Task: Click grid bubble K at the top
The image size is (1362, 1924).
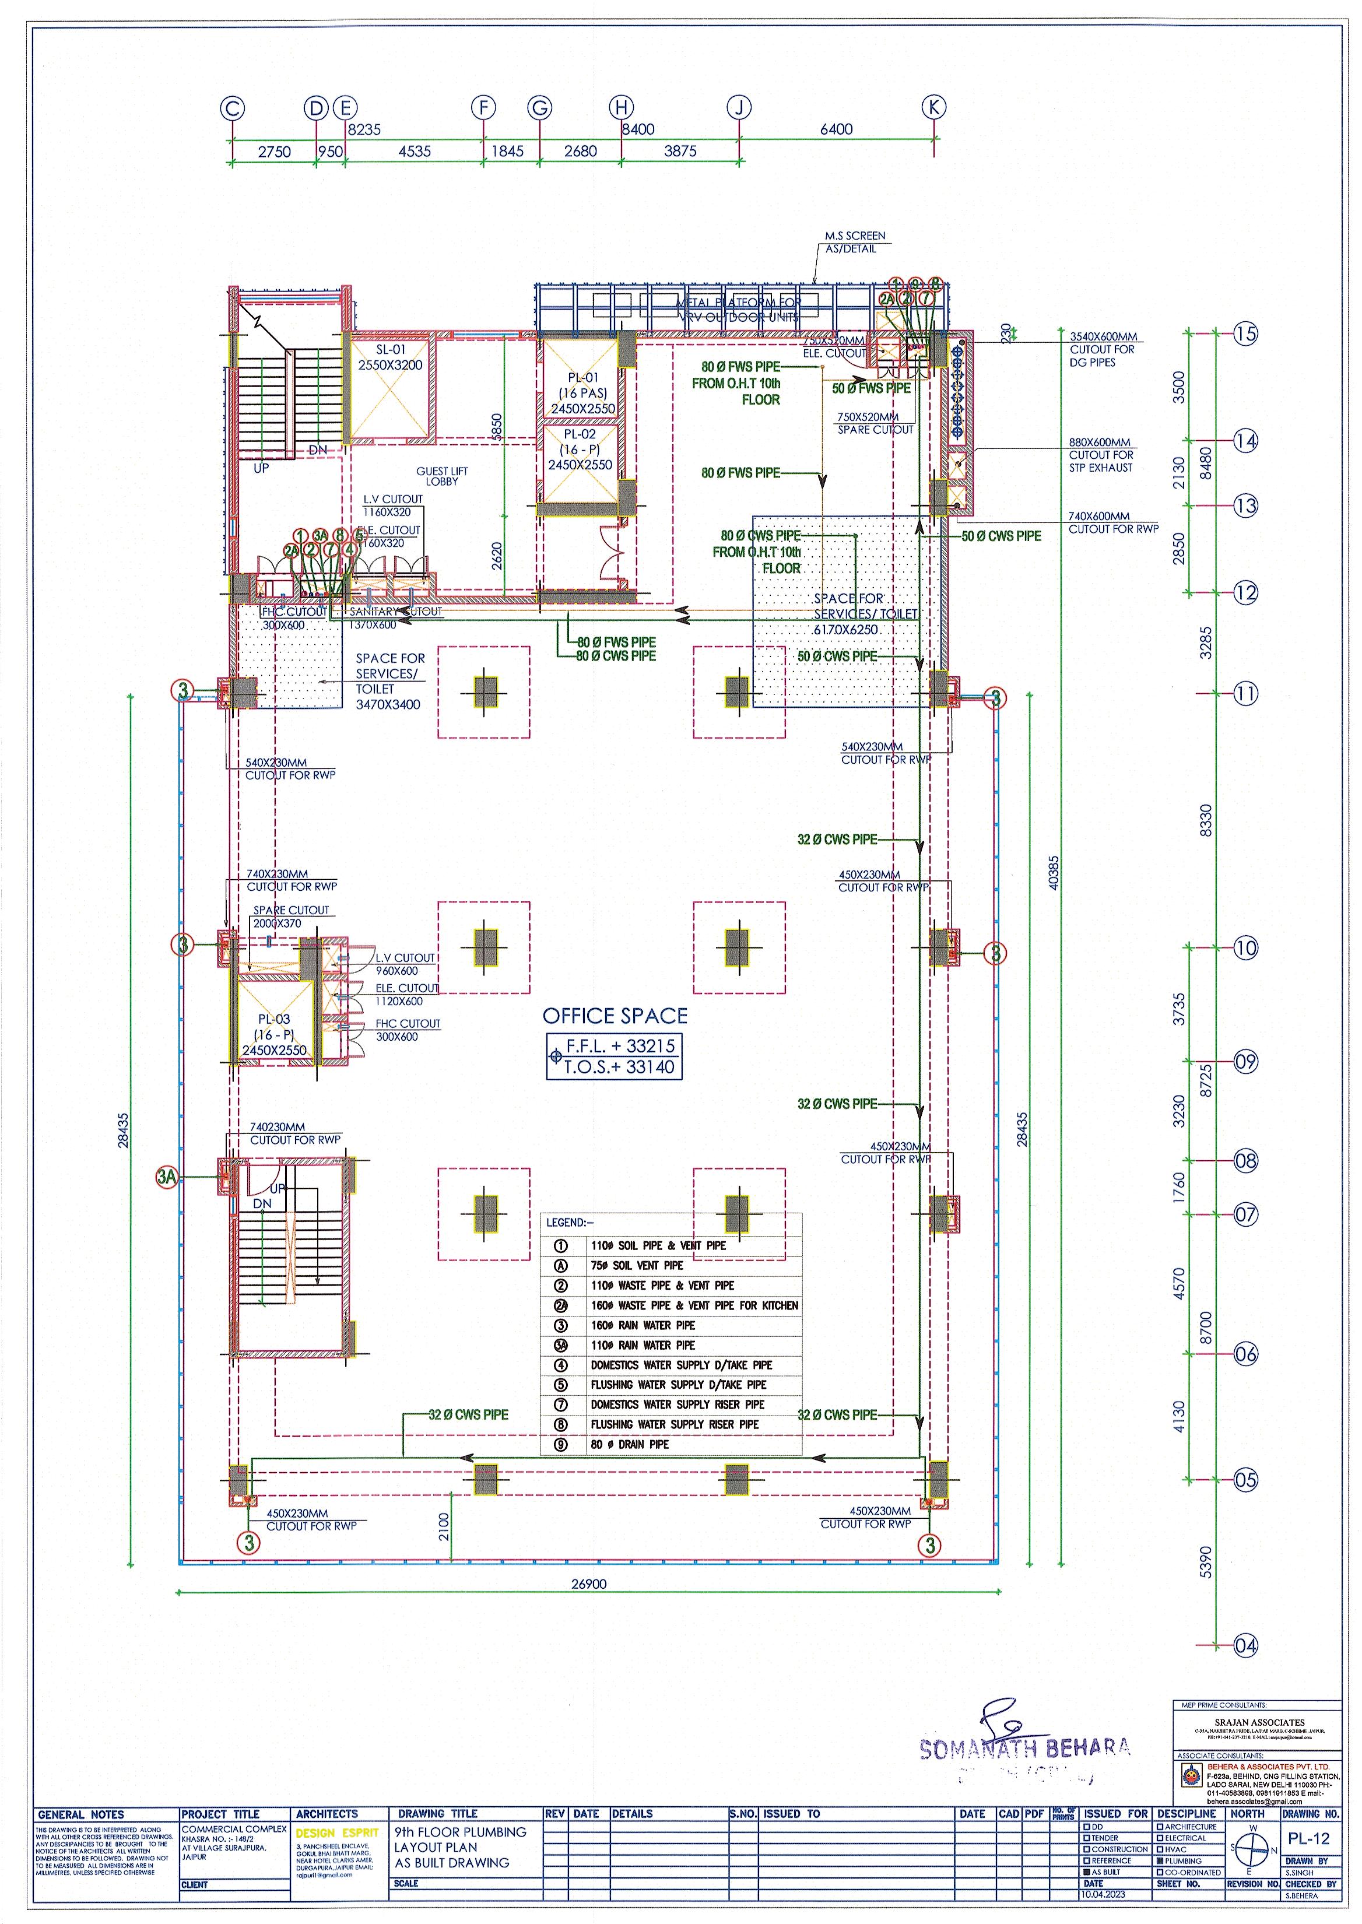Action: tap(933, 107)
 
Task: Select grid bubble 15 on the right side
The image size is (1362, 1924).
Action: tap(1245, 334)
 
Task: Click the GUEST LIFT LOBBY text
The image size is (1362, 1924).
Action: tap(442, 476)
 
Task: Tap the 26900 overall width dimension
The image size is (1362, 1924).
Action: tap(589, 1584)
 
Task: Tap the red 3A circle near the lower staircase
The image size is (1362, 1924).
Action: tap(167, 1177)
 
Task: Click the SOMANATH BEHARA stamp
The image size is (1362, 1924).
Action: tap(1024, 1748)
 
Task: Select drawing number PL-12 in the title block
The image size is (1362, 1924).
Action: tap(1309, 1839)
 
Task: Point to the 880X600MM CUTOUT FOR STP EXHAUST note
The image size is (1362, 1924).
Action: tap(1100, 455)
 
